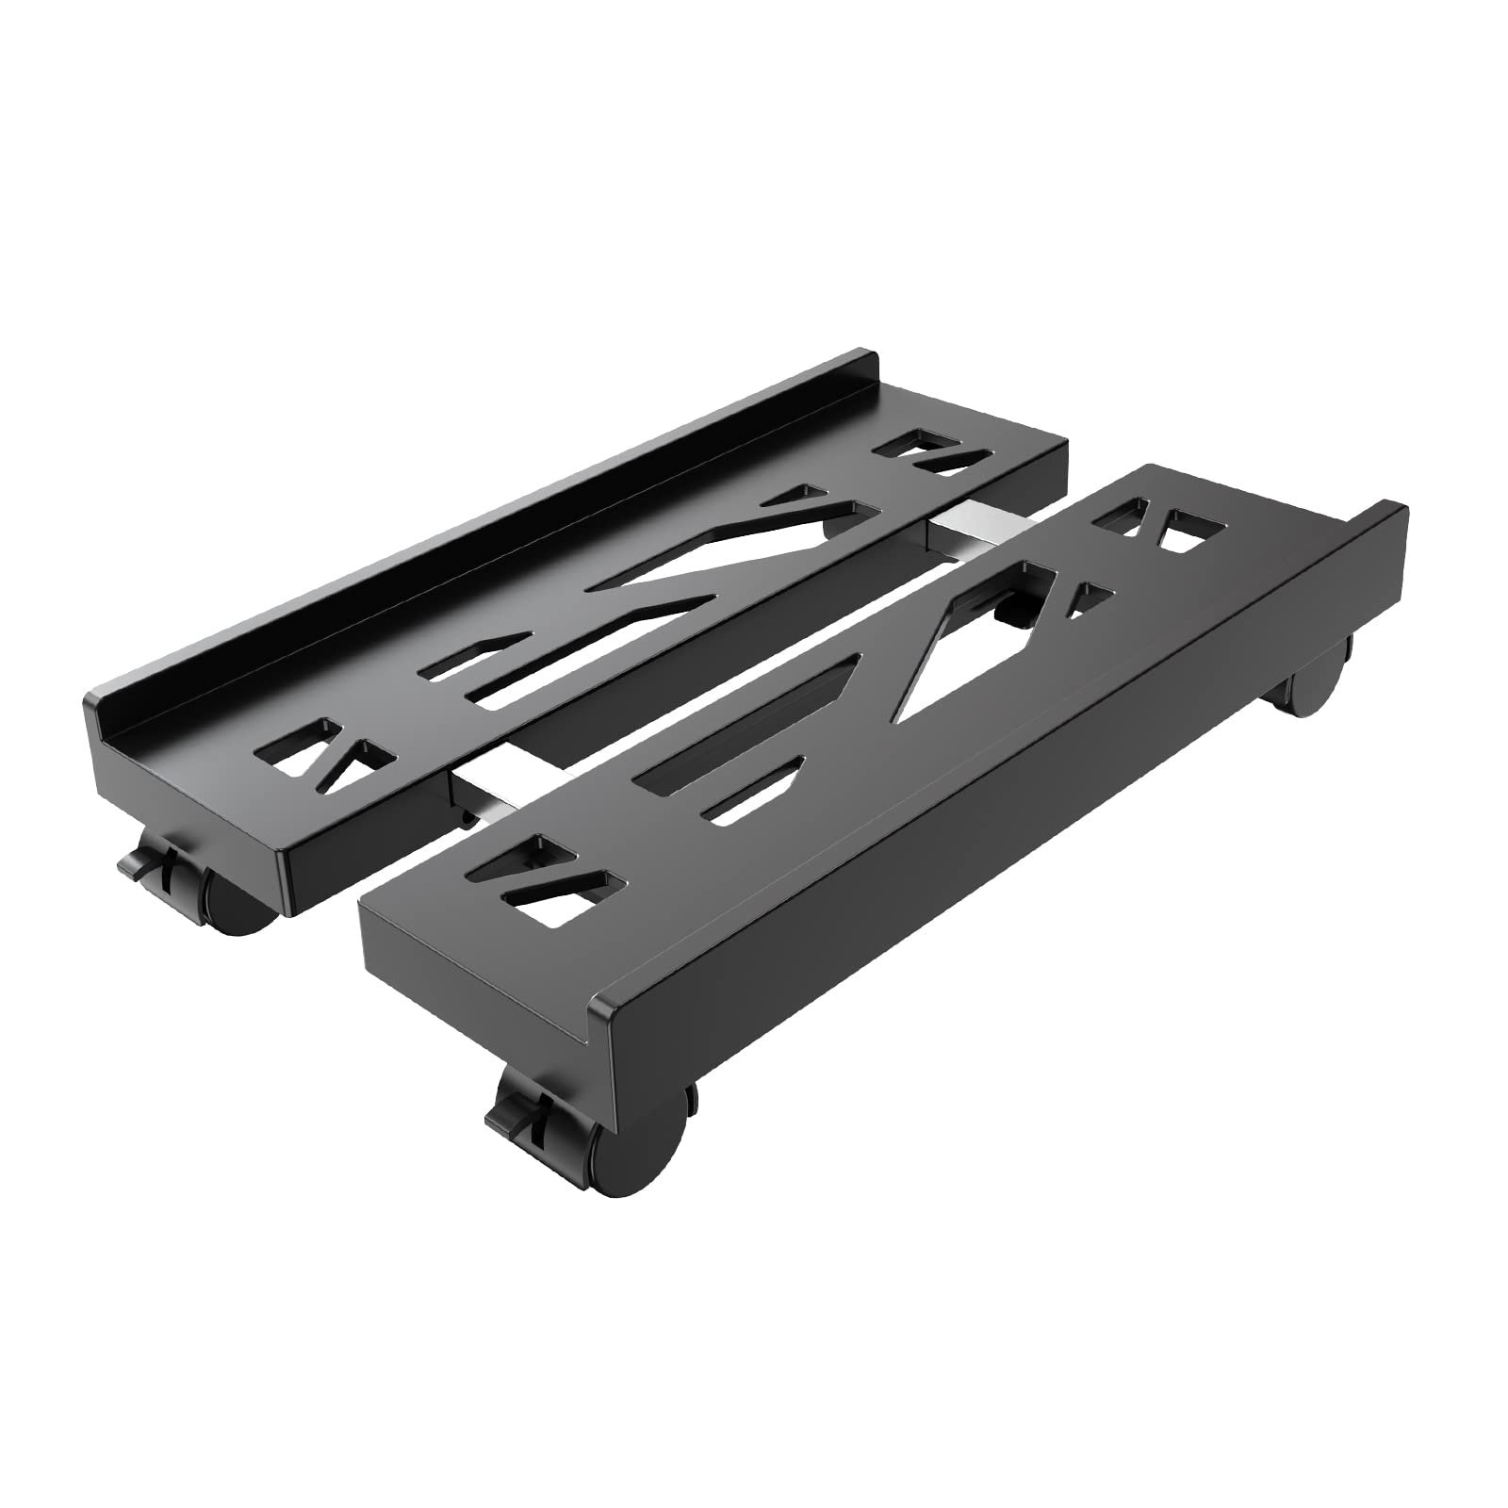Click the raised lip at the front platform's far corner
click(x=1385, y=528)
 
